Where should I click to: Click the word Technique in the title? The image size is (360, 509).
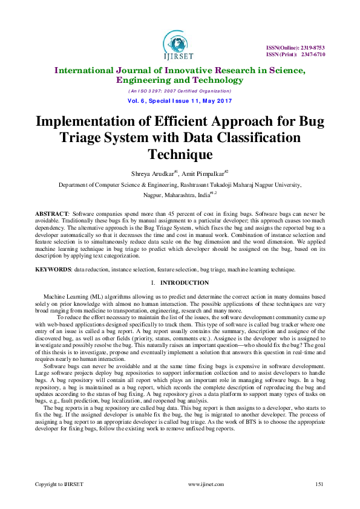pyautogui.click(x=180, y=154)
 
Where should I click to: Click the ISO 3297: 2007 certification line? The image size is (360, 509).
pyautogui.click(x=180, y=90)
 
